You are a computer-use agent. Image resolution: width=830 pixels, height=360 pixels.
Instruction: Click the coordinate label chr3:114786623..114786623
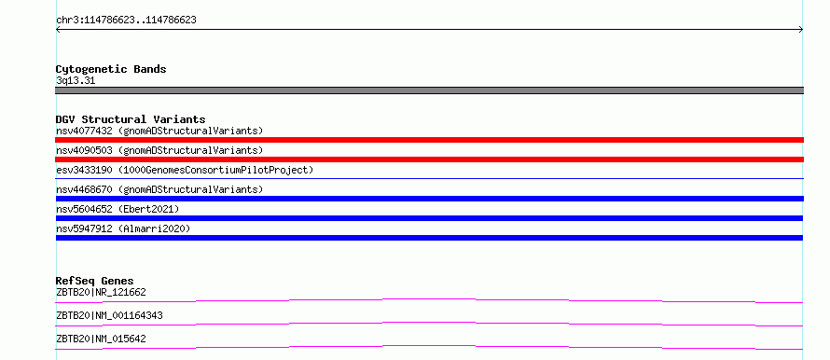pos(126,21)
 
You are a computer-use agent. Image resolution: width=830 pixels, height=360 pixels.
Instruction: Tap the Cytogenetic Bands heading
pos(111,69)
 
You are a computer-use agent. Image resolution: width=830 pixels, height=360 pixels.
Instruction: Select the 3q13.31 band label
pos(76,81)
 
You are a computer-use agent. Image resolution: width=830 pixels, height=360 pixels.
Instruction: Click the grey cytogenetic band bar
pos(429,90)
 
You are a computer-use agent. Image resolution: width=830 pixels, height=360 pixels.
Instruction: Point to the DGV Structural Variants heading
pos(131,119)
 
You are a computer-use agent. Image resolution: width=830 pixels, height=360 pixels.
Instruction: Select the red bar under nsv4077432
pos(429,140)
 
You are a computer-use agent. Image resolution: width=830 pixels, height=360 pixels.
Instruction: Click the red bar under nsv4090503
pos(429,159)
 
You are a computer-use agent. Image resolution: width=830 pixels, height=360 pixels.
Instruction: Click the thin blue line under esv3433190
pos(429,178)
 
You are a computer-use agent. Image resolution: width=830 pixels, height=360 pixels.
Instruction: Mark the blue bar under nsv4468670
pos(429,199)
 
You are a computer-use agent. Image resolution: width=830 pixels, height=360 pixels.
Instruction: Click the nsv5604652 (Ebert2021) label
pos(118,209)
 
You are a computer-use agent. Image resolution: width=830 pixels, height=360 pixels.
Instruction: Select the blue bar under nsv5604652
pos(429,218)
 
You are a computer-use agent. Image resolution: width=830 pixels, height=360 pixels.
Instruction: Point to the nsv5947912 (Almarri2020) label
pos(123,228)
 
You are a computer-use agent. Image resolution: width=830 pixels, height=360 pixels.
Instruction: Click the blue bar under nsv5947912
pos(429,238)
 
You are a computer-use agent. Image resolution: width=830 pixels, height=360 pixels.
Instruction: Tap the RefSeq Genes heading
pos(95,281)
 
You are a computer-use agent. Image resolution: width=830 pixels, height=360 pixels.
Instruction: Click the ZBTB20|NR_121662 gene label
pos(101,292)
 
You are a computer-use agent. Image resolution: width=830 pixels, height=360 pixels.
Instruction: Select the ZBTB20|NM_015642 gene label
pos(101,339)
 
